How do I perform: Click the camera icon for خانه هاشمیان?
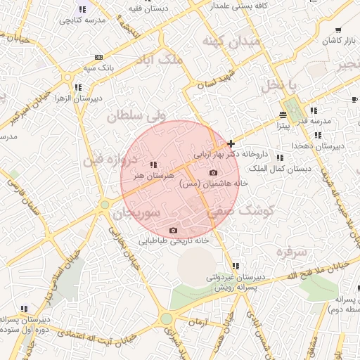214,173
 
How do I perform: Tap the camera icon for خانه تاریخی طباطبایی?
173,230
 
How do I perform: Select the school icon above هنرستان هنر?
153,165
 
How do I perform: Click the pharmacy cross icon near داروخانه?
231,143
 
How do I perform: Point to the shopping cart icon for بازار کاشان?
338,30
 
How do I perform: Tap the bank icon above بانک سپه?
98,57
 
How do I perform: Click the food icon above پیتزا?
282,115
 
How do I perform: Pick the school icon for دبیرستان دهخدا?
318,134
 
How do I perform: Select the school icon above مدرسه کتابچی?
82,10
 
